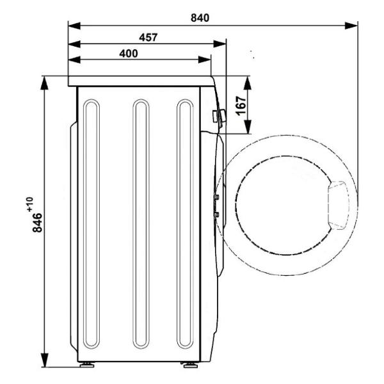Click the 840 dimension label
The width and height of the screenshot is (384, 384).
point(200,18)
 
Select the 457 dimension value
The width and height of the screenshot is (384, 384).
point(148,38)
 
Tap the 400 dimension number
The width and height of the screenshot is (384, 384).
point(129,53)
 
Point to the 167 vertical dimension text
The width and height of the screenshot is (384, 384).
point(241,106)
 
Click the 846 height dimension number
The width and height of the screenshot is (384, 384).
point(37,223)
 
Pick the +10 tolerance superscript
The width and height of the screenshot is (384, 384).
point(30,205)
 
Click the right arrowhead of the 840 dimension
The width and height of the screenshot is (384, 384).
point(351,26)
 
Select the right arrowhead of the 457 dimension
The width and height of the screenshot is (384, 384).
point(220,44)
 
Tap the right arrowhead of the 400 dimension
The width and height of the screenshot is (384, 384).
point(205,60)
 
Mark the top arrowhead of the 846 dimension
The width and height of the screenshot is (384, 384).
point(44,83)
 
